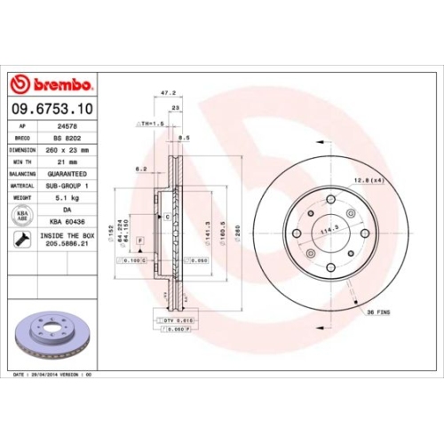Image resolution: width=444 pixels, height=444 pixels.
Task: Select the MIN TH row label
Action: tap(21, 163)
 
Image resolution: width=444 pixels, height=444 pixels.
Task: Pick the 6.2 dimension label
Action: tap(141, 168)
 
